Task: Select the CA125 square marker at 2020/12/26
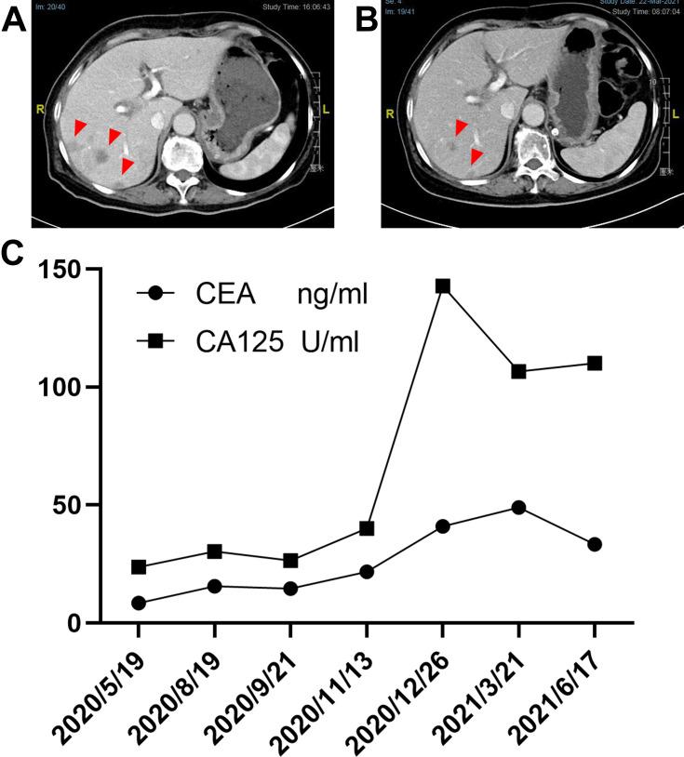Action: point(443,286)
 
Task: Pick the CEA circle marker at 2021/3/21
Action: point(518,507)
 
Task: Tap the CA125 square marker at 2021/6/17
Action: point(594,363)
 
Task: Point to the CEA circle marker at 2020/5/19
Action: point(139,603)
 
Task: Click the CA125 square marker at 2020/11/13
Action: point(367,528)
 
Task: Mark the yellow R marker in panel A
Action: point(40,109)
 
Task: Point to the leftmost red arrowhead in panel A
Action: point(82,126)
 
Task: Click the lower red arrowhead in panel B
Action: point(476,155)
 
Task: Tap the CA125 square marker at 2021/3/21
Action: point(518,371)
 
